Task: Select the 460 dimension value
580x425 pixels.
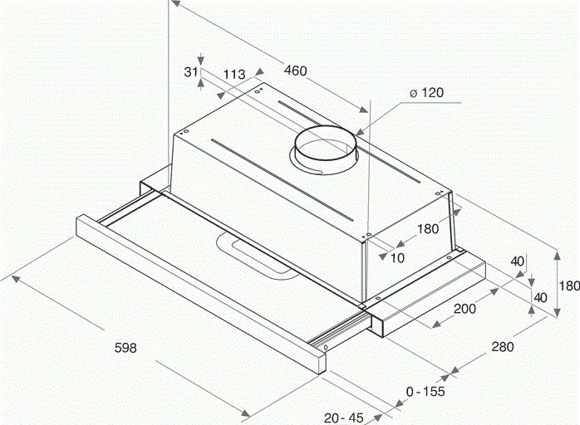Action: coord(295,71)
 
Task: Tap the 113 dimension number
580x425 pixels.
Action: coord(234,74)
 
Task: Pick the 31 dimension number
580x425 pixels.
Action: coord(190,72)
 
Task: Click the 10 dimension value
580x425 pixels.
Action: coord(397,257)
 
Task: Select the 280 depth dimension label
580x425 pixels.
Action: coord(501,347)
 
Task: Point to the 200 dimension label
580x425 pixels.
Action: coord(464,309)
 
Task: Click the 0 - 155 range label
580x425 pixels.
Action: coord(424,391)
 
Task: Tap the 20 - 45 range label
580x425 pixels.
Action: coord(344,417)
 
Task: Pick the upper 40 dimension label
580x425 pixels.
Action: coord(518,261)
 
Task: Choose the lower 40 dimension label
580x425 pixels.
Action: coord(539,297)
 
